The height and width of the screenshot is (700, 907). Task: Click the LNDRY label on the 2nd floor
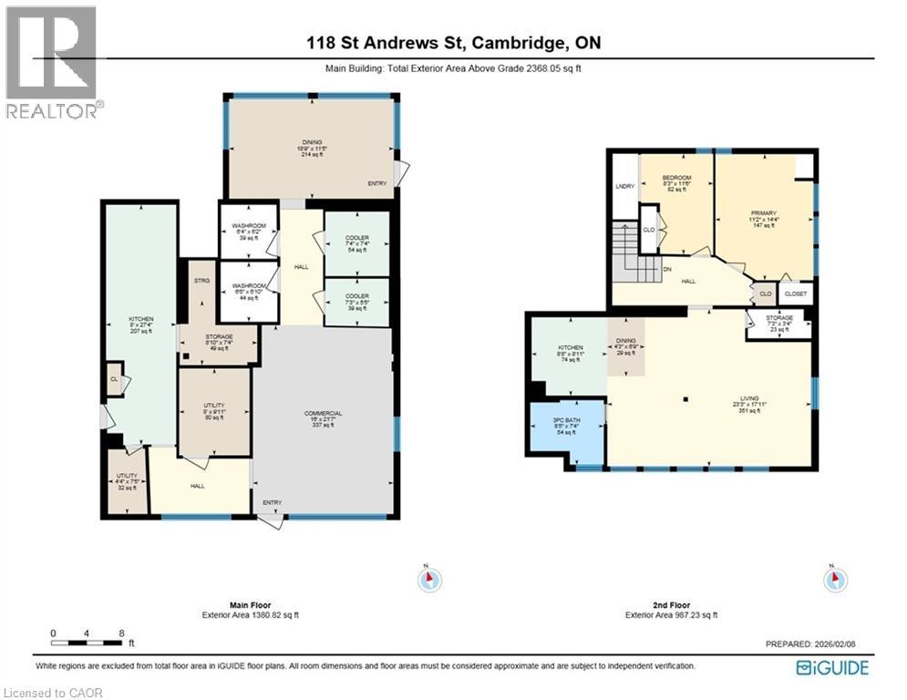tap(624, 186)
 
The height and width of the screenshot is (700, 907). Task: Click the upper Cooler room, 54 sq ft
tap(356, 244)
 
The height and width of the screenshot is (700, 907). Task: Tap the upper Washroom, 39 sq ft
tap(248, 232)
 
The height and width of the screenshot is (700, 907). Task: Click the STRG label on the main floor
tap(202, 281)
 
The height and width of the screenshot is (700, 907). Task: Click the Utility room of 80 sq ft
tap(214, 413)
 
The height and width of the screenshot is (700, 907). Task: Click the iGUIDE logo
tap(832, 669)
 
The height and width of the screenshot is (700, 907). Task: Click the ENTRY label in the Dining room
tap(376, 183)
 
